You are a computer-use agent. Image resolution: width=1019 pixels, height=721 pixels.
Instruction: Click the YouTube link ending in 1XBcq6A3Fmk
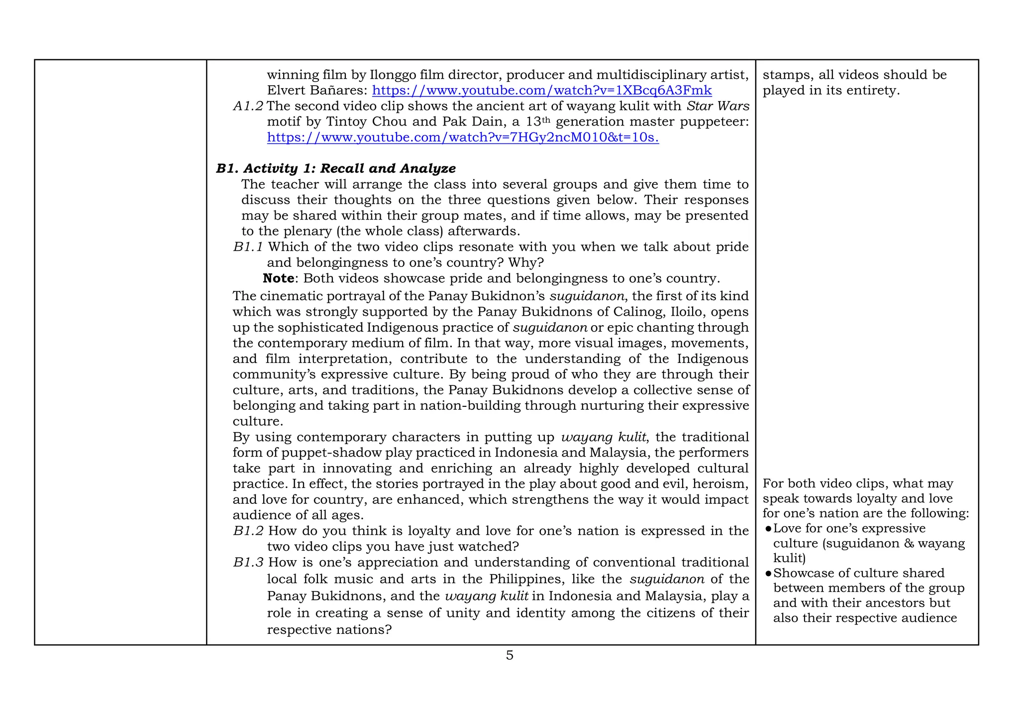click(x=542, y=91)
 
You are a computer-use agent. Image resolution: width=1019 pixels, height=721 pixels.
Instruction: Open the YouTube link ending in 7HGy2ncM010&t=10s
click(x=463, y=137)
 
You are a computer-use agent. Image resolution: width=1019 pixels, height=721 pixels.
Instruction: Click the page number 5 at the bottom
click(x=509, y=655)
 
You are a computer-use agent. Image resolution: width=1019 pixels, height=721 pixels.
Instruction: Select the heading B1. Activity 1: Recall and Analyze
click(x=336, y=168)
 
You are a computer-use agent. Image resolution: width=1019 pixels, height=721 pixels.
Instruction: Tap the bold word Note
click(x=278, y=278)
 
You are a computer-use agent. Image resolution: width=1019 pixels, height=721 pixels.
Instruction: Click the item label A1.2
click(x=248, y=106)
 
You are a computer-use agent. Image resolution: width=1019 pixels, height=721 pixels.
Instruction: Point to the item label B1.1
click(x=248, y=247)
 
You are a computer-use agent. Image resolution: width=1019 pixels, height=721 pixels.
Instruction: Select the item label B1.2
click(x=248, y=531)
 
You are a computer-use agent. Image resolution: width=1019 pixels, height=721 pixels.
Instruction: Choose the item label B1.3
click(x=248, y=563)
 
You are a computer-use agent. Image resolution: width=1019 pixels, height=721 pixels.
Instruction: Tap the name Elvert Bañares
click(x=317, y=91)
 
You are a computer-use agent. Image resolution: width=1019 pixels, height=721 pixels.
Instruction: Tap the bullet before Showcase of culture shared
click(x=768, y=574)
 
